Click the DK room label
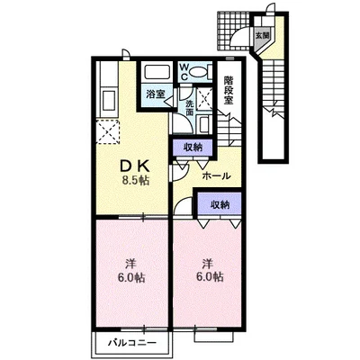click(134, 166)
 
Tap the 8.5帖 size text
click(135, 180)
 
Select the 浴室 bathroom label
click(156, 94)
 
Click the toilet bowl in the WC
click(199, 72)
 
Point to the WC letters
click(184, 71)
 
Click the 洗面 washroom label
click(190, 108)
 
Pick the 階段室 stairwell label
click(229, 90)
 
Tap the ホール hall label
click(217, 175)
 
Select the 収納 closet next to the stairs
click(193, 148)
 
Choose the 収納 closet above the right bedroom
click(220, 204)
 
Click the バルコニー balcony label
click(132, 342)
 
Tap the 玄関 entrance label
click(262, 35)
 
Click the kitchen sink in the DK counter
click(109, 100)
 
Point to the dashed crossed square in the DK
click(107, 131)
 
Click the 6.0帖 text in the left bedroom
click(131, 278)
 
